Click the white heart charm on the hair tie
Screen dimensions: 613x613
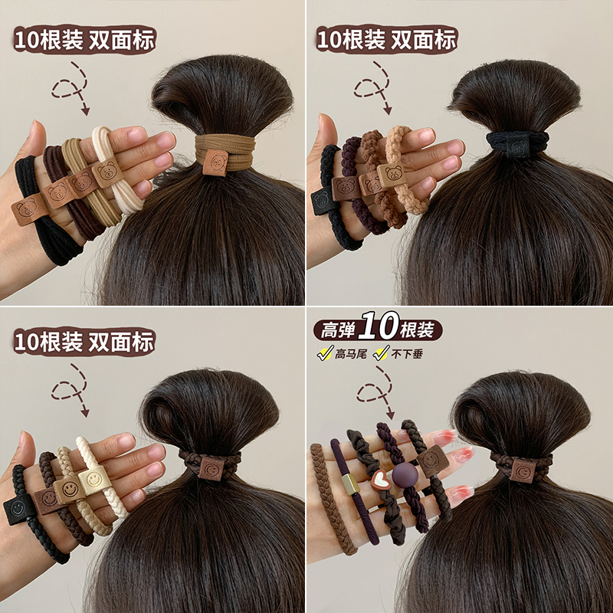[380, 481]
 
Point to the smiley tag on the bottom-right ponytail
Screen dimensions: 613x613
[523, 469]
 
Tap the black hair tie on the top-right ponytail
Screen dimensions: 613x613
[517, 143]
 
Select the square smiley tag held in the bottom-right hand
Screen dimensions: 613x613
[431, 461]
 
